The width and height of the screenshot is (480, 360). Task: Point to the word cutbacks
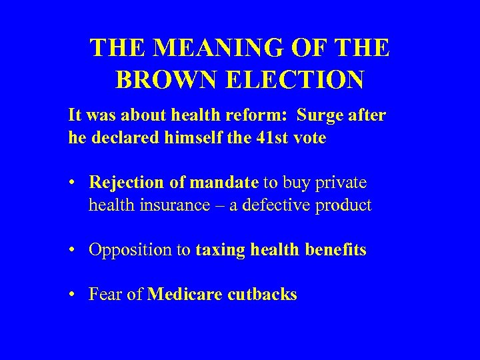coord(263,295)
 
